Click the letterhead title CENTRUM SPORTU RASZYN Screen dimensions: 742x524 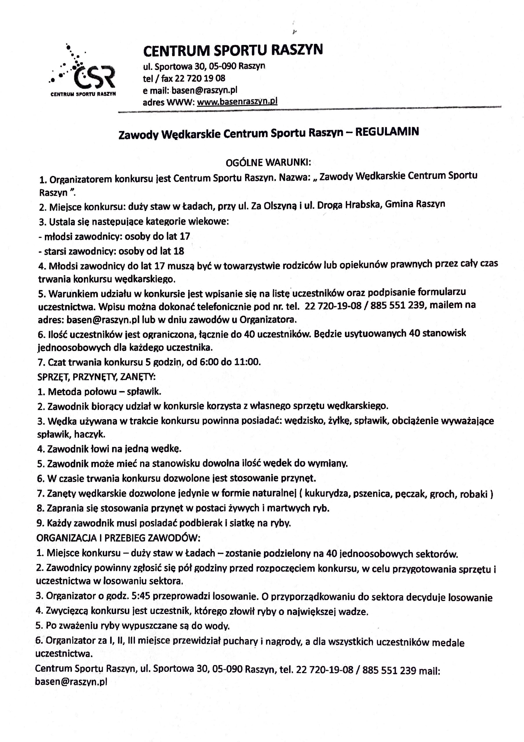[x=233, y=50]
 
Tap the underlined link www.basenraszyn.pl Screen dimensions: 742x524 [x=237, y=102]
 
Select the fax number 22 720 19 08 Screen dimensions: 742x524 [x=200, y=78]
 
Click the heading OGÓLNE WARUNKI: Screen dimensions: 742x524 [x=268, y=162]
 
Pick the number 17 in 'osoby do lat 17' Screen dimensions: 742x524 [x=185, y=236]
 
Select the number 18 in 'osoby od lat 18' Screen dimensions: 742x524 [x=179, y=251]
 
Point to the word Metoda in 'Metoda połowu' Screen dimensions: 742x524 [x=65, y=392]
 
